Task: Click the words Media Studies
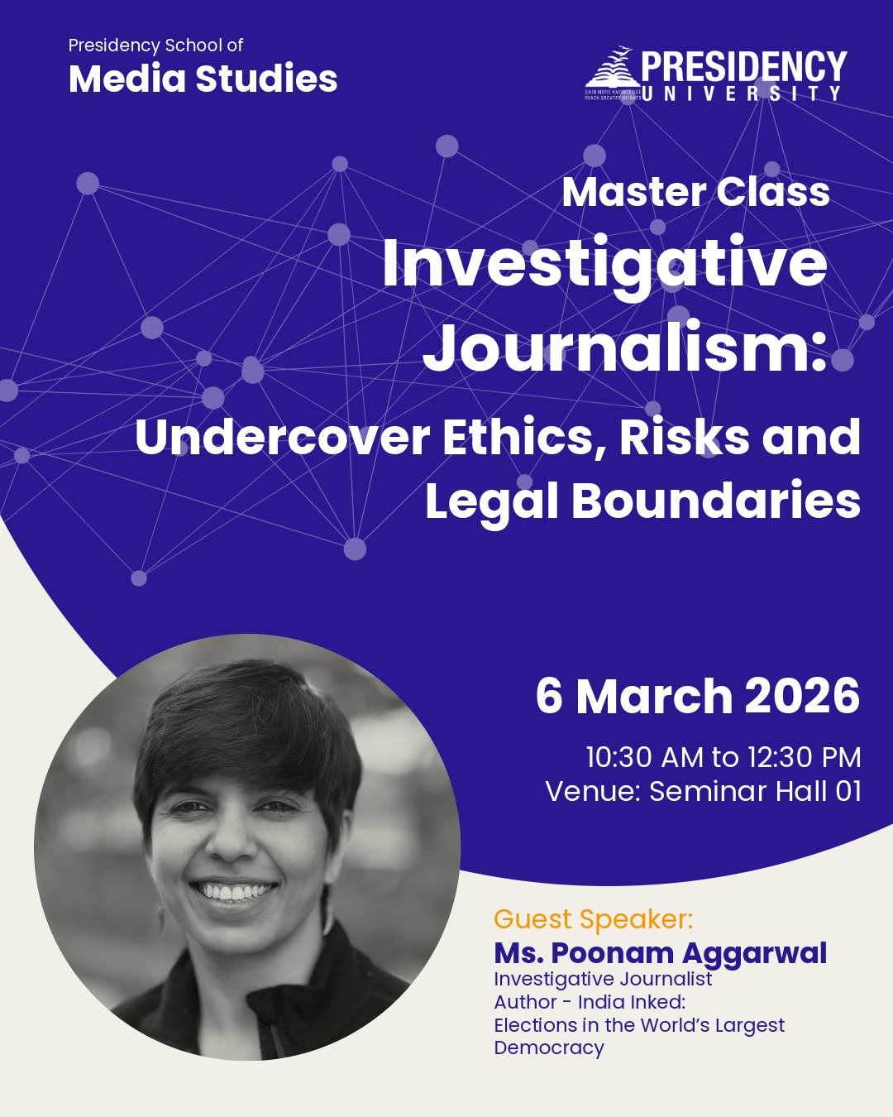203,79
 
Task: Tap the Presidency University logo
715,74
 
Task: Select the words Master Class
695,192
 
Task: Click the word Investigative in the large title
604,264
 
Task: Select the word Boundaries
715,501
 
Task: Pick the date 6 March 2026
697,696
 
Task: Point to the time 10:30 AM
644,757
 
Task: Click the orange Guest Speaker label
593,919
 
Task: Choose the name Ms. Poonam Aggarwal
660,953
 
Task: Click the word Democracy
549,1047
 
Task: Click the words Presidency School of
155,46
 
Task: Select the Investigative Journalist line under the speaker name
603,979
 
